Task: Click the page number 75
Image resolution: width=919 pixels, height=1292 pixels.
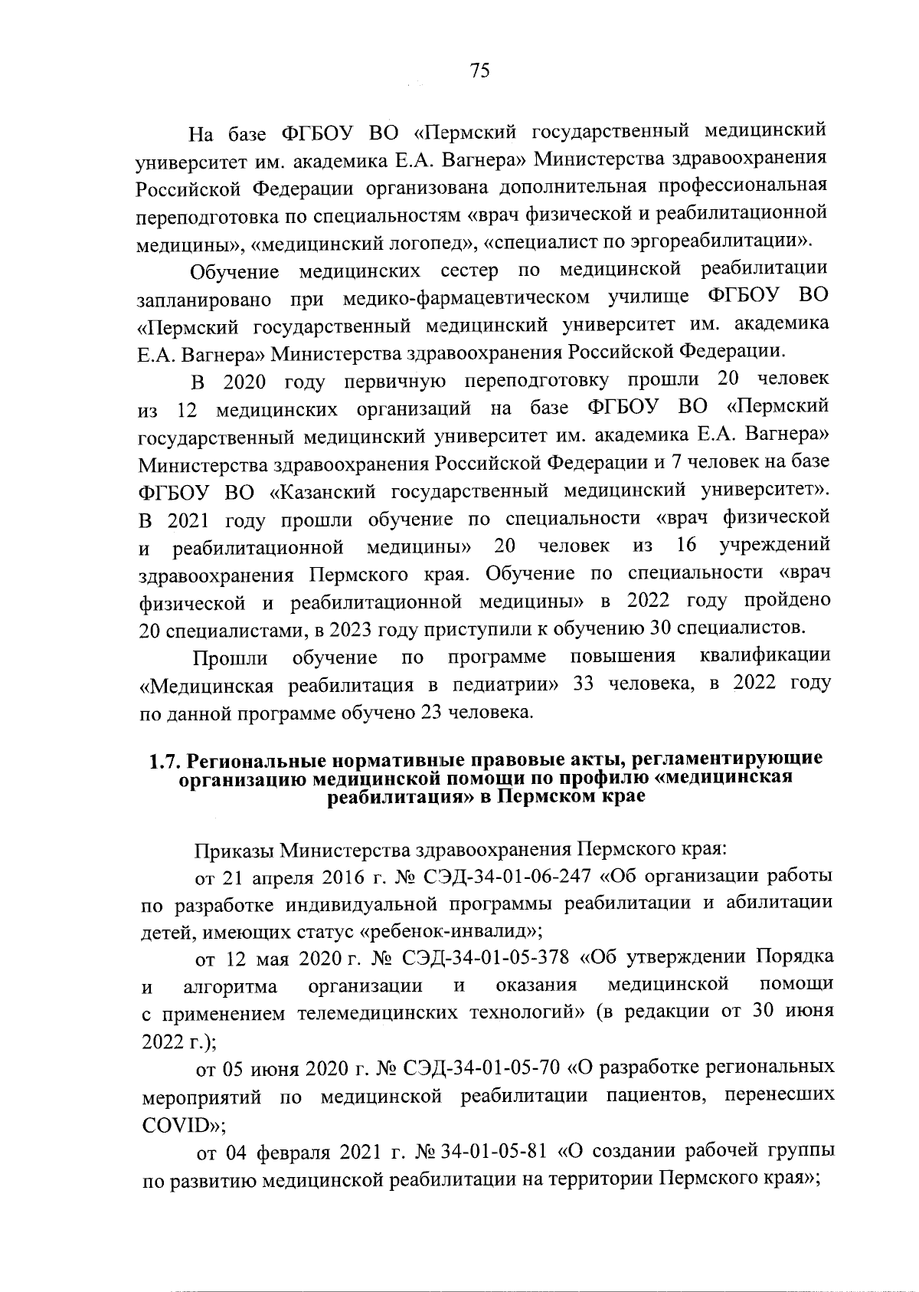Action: pyautogui.click(x=479, y=71)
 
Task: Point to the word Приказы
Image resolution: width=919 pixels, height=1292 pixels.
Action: pyautogui.click(x=234, y=850)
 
